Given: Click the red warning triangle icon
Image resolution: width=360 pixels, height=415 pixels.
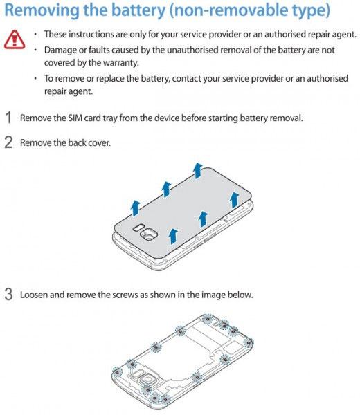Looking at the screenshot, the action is point(15,39).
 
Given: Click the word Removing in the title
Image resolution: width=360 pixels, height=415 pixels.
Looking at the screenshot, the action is point(42,11).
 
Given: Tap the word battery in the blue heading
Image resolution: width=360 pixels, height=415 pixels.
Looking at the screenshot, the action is point(138,10).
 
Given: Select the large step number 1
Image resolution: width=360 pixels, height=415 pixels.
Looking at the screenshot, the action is point(9,118).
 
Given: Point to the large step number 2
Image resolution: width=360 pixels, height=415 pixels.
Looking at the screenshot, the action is point(9,142).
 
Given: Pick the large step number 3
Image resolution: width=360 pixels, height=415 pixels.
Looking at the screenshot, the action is point(9,295).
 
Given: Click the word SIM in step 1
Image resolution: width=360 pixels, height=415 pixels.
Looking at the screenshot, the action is point(75,118).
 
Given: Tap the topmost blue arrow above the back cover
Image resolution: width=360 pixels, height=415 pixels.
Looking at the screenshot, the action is point(197,171).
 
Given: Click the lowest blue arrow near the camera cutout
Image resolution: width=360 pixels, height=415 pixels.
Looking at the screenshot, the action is point(173,237).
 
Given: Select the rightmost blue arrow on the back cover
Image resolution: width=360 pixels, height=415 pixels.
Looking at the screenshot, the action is point(234,200).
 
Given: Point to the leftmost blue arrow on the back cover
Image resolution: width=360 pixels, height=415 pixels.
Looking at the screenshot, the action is point(136,207).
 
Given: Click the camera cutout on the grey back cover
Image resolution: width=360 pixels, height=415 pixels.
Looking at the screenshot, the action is point(149,234).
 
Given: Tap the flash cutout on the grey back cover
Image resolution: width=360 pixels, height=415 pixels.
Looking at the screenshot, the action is point(138,228).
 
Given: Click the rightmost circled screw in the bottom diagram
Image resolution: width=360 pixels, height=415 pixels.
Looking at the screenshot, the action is point(249,343).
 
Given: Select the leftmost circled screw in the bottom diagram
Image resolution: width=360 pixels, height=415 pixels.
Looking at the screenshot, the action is point(117,372).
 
